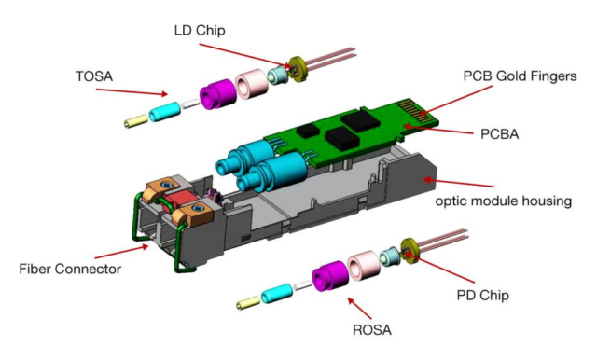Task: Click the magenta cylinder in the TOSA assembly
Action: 215,93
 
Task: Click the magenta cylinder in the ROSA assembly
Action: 328,276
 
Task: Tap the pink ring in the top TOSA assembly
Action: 249,86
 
